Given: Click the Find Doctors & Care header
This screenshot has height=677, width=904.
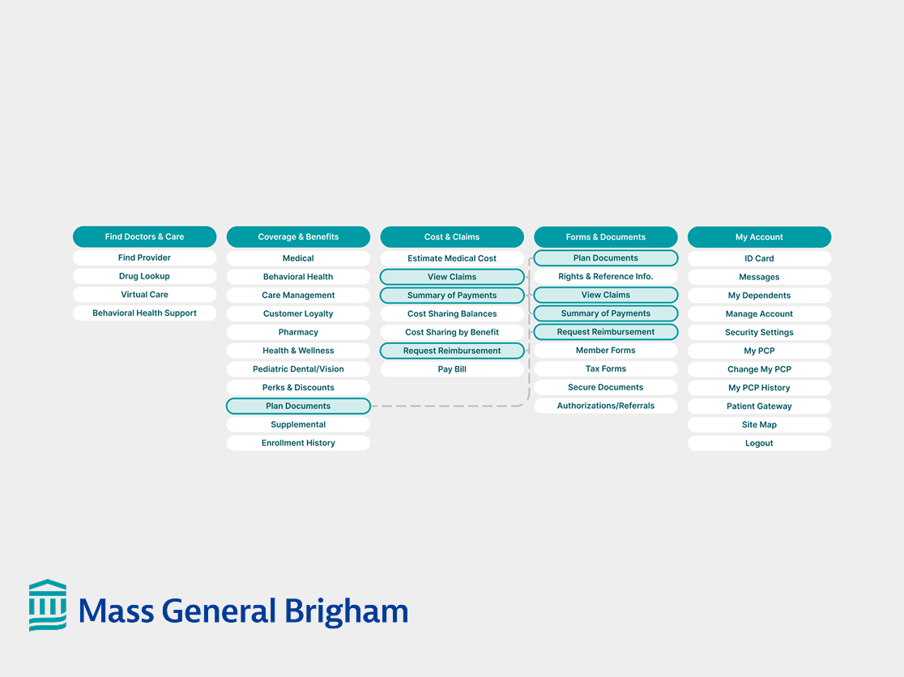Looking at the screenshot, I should tap(144, 236).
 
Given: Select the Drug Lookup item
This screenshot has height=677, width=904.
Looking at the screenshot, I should tap(144, 276).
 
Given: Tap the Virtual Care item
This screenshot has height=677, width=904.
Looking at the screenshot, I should tap(144, 295).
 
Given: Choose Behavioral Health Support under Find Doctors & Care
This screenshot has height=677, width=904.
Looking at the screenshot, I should tap(144, 313).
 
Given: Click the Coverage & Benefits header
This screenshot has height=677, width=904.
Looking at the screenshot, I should tap(298, 236).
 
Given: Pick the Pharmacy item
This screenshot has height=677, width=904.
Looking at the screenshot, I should tap(298, 332).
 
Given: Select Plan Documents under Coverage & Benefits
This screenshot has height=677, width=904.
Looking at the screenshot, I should tap(298, 406).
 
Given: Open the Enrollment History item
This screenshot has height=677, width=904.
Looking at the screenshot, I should tap(298, 443).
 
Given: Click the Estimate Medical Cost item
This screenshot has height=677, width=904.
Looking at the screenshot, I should tap(452, 258).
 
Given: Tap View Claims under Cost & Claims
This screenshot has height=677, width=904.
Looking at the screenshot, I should tap(452, 277).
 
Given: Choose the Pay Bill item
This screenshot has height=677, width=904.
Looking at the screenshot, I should tap(452, 369).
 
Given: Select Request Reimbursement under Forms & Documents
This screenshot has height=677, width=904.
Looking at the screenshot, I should tap(606, 332).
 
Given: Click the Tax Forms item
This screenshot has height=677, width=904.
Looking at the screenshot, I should tap(606, 368).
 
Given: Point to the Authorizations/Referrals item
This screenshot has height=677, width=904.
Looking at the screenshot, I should tap(606, 406).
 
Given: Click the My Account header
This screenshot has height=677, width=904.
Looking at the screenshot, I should tap(759, 236).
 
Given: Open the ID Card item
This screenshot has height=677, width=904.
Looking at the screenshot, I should tap(759, 258).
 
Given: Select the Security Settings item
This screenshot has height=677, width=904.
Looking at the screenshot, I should tap(759, 332).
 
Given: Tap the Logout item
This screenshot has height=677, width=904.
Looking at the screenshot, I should tap(759, 443).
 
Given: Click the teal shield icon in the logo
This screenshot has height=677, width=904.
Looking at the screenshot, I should tap(48, 605).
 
